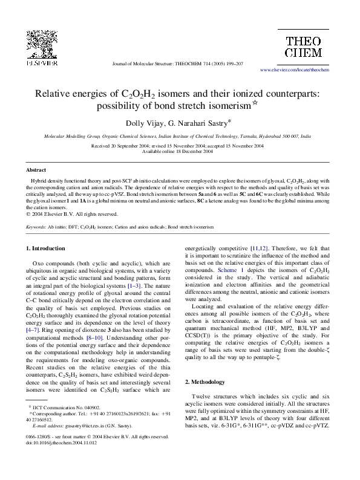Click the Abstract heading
[x=36, y=170]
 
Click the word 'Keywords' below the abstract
[x=37, y=227]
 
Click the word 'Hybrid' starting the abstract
[x=39, y=181]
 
